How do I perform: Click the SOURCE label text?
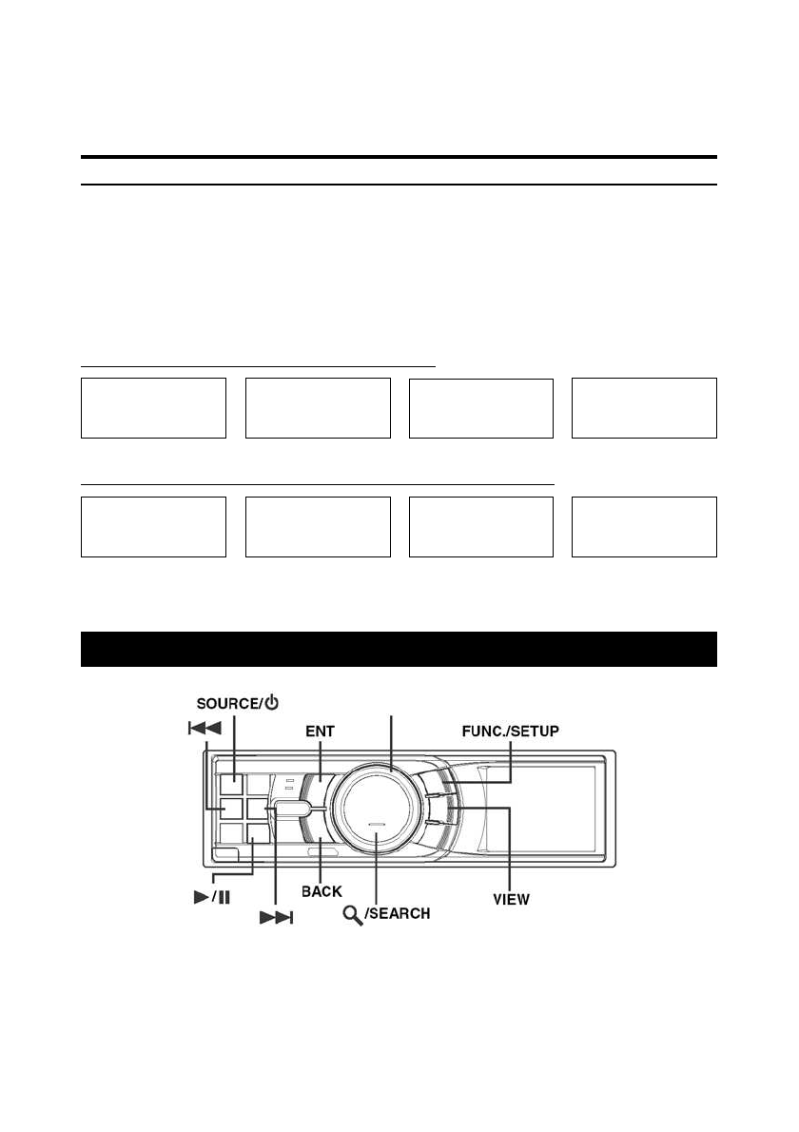pyautogui.click(x=226, y=704)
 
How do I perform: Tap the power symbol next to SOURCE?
pyautogui.click(x=271, y=702)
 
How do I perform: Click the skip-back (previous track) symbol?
pyautogui.click(x=205, y=729)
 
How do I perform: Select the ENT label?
pyautogui.click(x=320, y=732)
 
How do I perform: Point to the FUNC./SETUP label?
pyautogui.click(x=510, y=732)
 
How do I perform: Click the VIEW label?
pyautogui.click(x=511, y=900)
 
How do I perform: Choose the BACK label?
pyautogui.click(x=322, y=891)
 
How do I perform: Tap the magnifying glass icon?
pyautogui.click(x=352, y=916)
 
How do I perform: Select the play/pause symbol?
pyautogui.click(x=212, y=897)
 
